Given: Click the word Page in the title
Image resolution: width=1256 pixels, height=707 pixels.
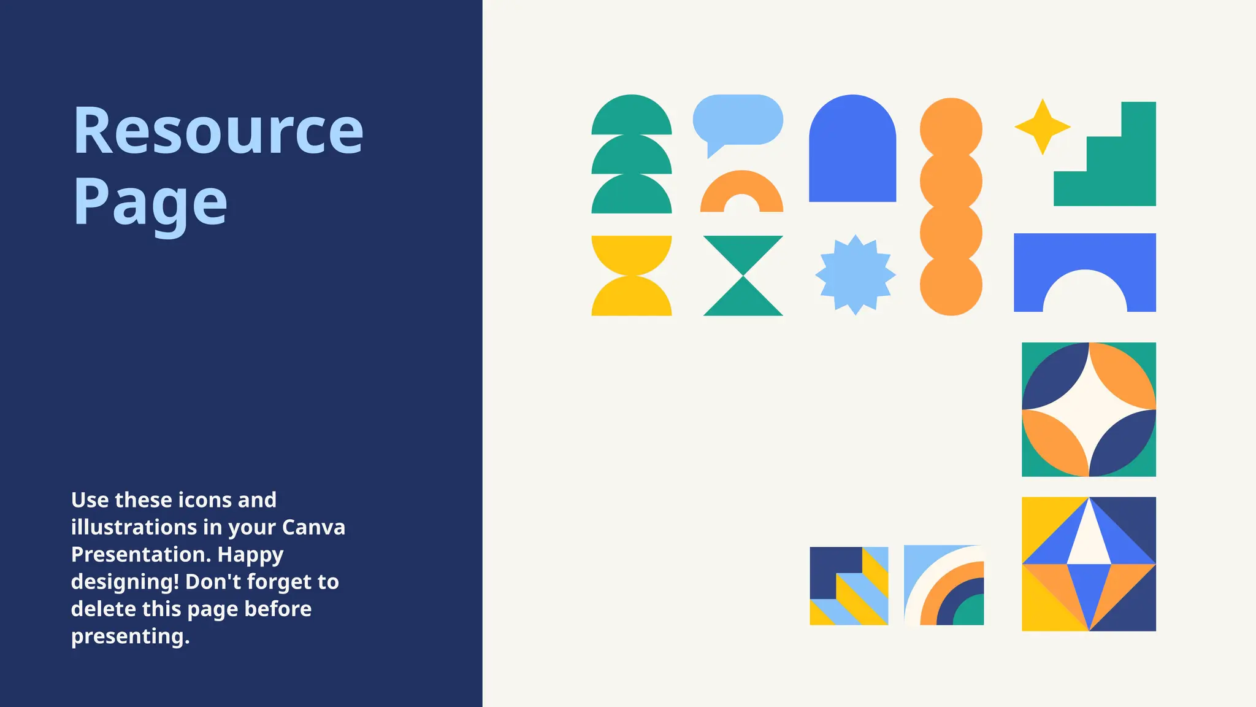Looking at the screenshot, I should coord(150,203).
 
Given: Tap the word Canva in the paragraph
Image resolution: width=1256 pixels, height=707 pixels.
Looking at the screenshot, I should coord(313,527).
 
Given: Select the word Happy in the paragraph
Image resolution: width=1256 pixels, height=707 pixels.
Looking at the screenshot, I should coord(250,554).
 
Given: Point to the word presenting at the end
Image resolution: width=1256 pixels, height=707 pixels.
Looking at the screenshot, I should coord(129,636).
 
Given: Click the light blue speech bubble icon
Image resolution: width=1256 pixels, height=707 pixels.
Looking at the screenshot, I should coord(738,120).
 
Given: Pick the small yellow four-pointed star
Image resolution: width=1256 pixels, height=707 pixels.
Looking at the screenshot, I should coord(1042,127).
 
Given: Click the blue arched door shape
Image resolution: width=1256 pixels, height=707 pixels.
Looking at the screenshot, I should coord(852,153).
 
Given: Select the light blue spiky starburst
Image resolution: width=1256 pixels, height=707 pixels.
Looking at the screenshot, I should coord(855,275).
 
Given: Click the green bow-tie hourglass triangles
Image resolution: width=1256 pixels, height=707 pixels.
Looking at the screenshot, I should coord(743,276).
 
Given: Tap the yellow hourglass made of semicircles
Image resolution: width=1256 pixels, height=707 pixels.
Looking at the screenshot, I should coord(631,276).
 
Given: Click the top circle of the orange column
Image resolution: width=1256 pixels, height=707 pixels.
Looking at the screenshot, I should coord(951,128).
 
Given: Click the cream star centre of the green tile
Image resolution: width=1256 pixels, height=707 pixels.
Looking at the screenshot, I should coord(1089,409).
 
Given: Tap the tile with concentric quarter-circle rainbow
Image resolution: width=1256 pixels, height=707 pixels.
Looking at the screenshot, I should coord(944,585).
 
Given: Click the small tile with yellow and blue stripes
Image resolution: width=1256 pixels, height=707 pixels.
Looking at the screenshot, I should coord(849,586).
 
